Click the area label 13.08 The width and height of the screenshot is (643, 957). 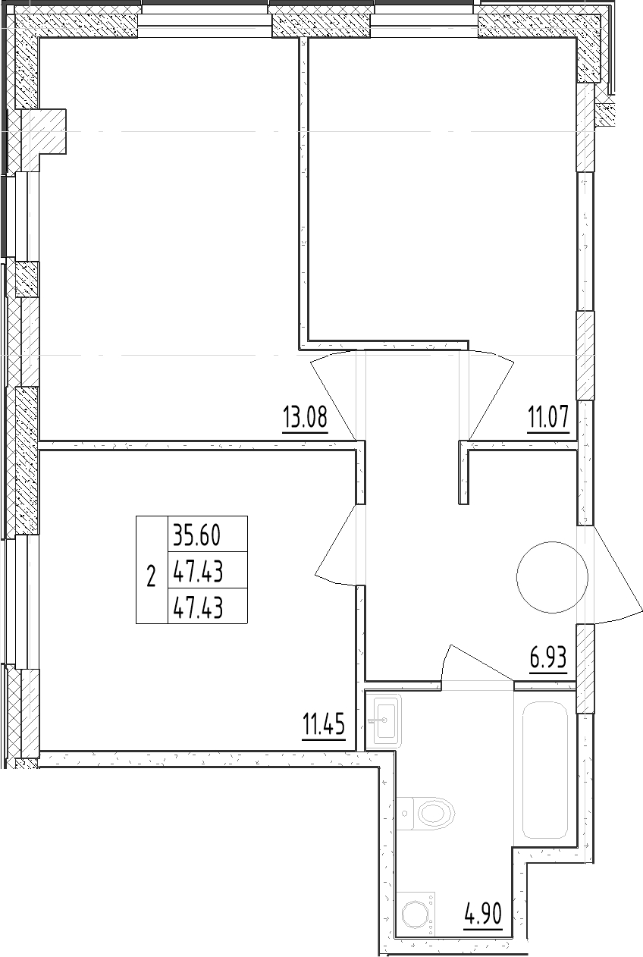click(x=305, y=417)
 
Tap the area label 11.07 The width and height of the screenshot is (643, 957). click(x=548, y=417)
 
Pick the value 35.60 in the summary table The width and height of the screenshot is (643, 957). click(x=196, y=535)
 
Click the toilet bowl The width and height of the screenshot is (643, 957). click(x=425, y=814)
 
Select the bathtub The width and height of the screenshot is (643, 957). click(x=544, y=770)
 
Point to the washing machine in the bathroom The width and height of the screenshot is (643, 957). click(x=416, y=914)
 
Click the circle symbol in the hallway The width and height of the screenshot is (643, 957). click(x=552, y=577)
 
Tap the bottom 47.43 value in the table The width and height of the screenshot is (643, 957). click(x=198, y=608)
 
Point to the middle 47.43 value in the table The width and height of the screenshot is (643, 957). click(x=198, y=572)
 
